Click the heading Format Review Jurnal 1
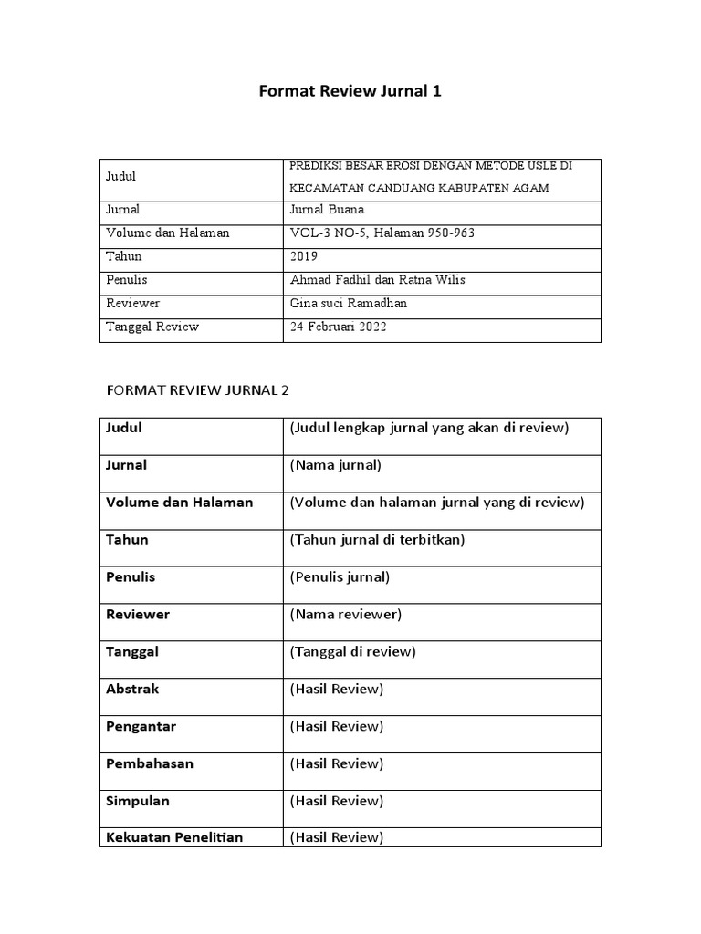coord(350,91)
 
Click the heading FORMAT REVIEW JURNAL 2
coord(198,390)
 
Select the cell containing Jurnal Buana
coord(326,209)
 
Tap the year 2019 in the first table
coord(304,256)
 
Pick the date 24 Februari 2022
coord(338,327)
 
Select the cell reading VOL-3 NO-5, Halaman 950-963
coord(382,233)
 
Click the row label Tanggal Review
coord(152,327)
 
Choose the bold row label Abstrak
coord(132,689)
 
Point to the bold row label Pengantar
coord(141,726)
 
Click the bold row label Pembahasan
coord(150,763)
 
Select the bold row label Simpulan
coord(138,801)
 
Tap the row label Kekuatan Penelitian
coord(174,836)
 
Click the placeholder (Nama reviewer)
coord(346,614)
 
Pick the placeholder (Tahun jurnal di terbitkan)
coord(378,539)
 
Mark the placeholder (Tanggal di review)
coord(353,651)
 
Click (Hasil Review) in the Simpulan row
coord(337,801)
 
